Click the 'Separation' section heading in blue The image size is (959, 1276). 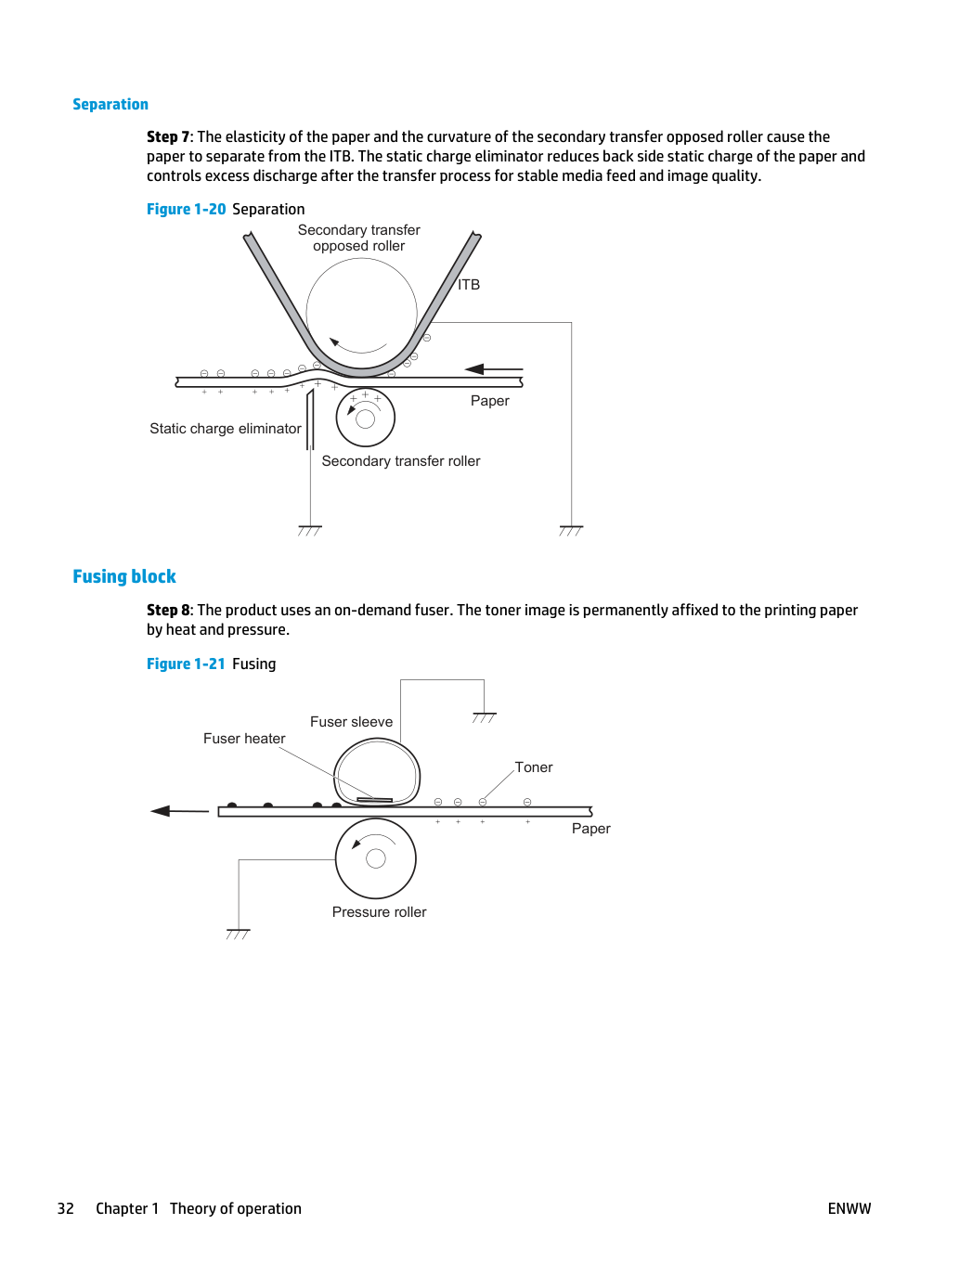tap(110, 104)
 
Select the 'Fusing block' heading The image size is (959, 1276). tap(123, 576)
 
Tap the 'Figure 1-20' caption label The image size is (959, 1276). tap(186, 209)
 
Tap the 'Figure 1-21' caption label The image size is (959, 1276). tap(186, 664)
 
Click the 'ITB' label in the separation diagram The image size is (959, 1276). tap(469, 284)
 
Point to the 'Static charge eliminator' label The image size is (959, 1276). tap(225, 429)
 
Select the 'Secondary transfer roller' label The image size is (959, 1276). tap(401, 461)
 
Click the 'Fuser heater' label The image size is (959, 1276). tap(244, 739)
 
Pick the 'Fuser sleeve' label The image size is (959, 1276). tap(351, 721)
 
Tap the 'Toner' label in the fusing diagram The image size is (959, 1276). tap(533, 767)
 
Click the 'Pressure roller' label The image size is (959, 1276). tap(379, 911)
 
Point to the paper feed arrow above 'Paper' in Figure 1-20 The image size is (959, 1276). tap(494, 368)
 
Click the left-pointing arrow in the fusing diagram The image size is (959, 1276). tap(179, 810)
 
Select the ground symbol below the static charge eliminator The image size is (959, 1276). tap(309, 530)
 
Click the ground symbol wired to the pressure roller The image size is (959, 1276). tap(238, 934)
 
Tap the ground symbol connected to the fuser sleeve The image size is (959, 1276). tap(484, 717)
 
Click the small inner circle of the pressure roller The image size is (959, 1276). tap(376, 858)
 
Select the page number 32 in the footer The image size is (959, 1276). tap(65, 1208)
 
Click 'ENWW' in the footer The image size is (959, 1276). tap(849, 1208)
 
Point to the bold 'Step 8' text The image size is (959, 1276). tap(168, 610)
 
